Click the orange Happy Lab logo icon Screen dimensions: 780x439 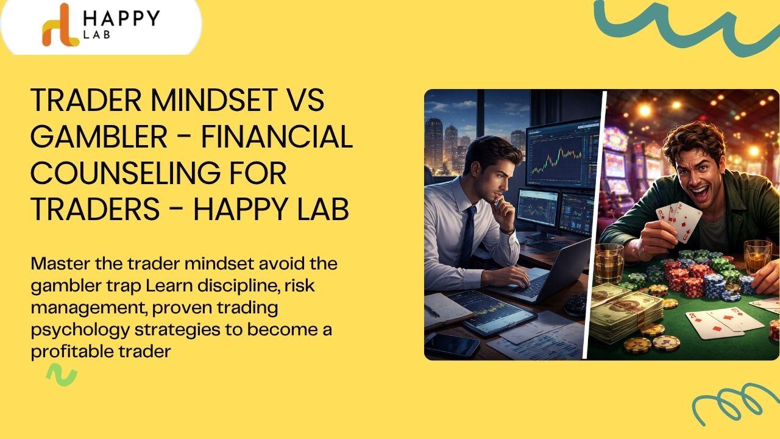60,26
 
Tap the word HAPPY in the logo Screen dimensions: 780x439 121,18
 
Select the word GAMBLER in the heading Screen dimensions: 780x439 99,137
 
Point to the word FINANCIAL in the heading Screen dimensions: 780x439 277,137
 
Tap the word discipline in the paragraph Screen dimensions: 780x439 238,286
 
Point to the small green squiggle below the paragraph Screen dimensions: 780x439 62,375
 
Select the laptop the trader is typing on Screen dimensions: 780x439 543,275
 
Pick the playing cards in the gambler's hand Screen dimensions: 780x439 679,222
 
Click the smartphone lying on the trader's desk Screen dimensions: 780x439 452,344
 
